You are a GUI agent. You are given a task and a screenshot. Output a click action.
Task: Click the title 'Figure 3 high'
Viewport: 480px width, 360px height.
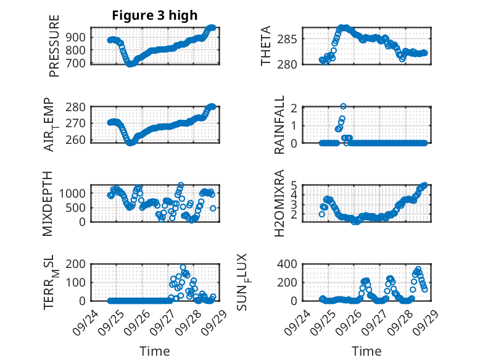[x=154, y=15]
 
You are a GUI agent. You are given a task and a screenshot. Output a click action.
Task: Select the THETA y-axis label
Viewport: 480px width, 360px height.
[x=266, y=46]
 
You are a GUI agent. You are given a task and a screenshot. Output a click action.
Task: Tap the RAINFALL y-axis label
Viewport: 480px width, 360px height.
[x=279, y=125]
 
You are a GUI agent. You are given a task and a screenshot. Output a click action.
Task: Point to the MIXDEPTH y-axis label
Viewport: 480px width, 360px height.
[x=48, y=204]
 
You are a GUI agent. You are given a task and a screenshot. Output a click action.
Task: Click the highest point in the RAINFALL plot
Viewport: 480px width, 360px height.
[x=343, y=106]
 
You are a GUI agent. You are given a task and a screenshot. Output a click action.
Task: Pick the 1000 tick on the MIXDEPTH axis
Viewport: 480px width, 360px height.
[x=75, y=193]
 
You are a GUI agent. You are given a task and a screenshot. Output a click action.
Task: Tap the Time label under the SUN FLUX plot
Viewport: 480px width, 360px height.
[x=366, y=351]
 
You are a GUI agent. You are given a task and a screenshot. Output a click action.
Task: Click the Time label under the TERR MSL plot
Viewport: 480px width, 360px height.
[x=154, y=351]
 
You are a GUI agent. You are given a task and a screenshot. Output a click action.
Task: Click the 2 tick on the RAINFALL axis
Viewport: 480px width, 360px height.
[x=294, y=108]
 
